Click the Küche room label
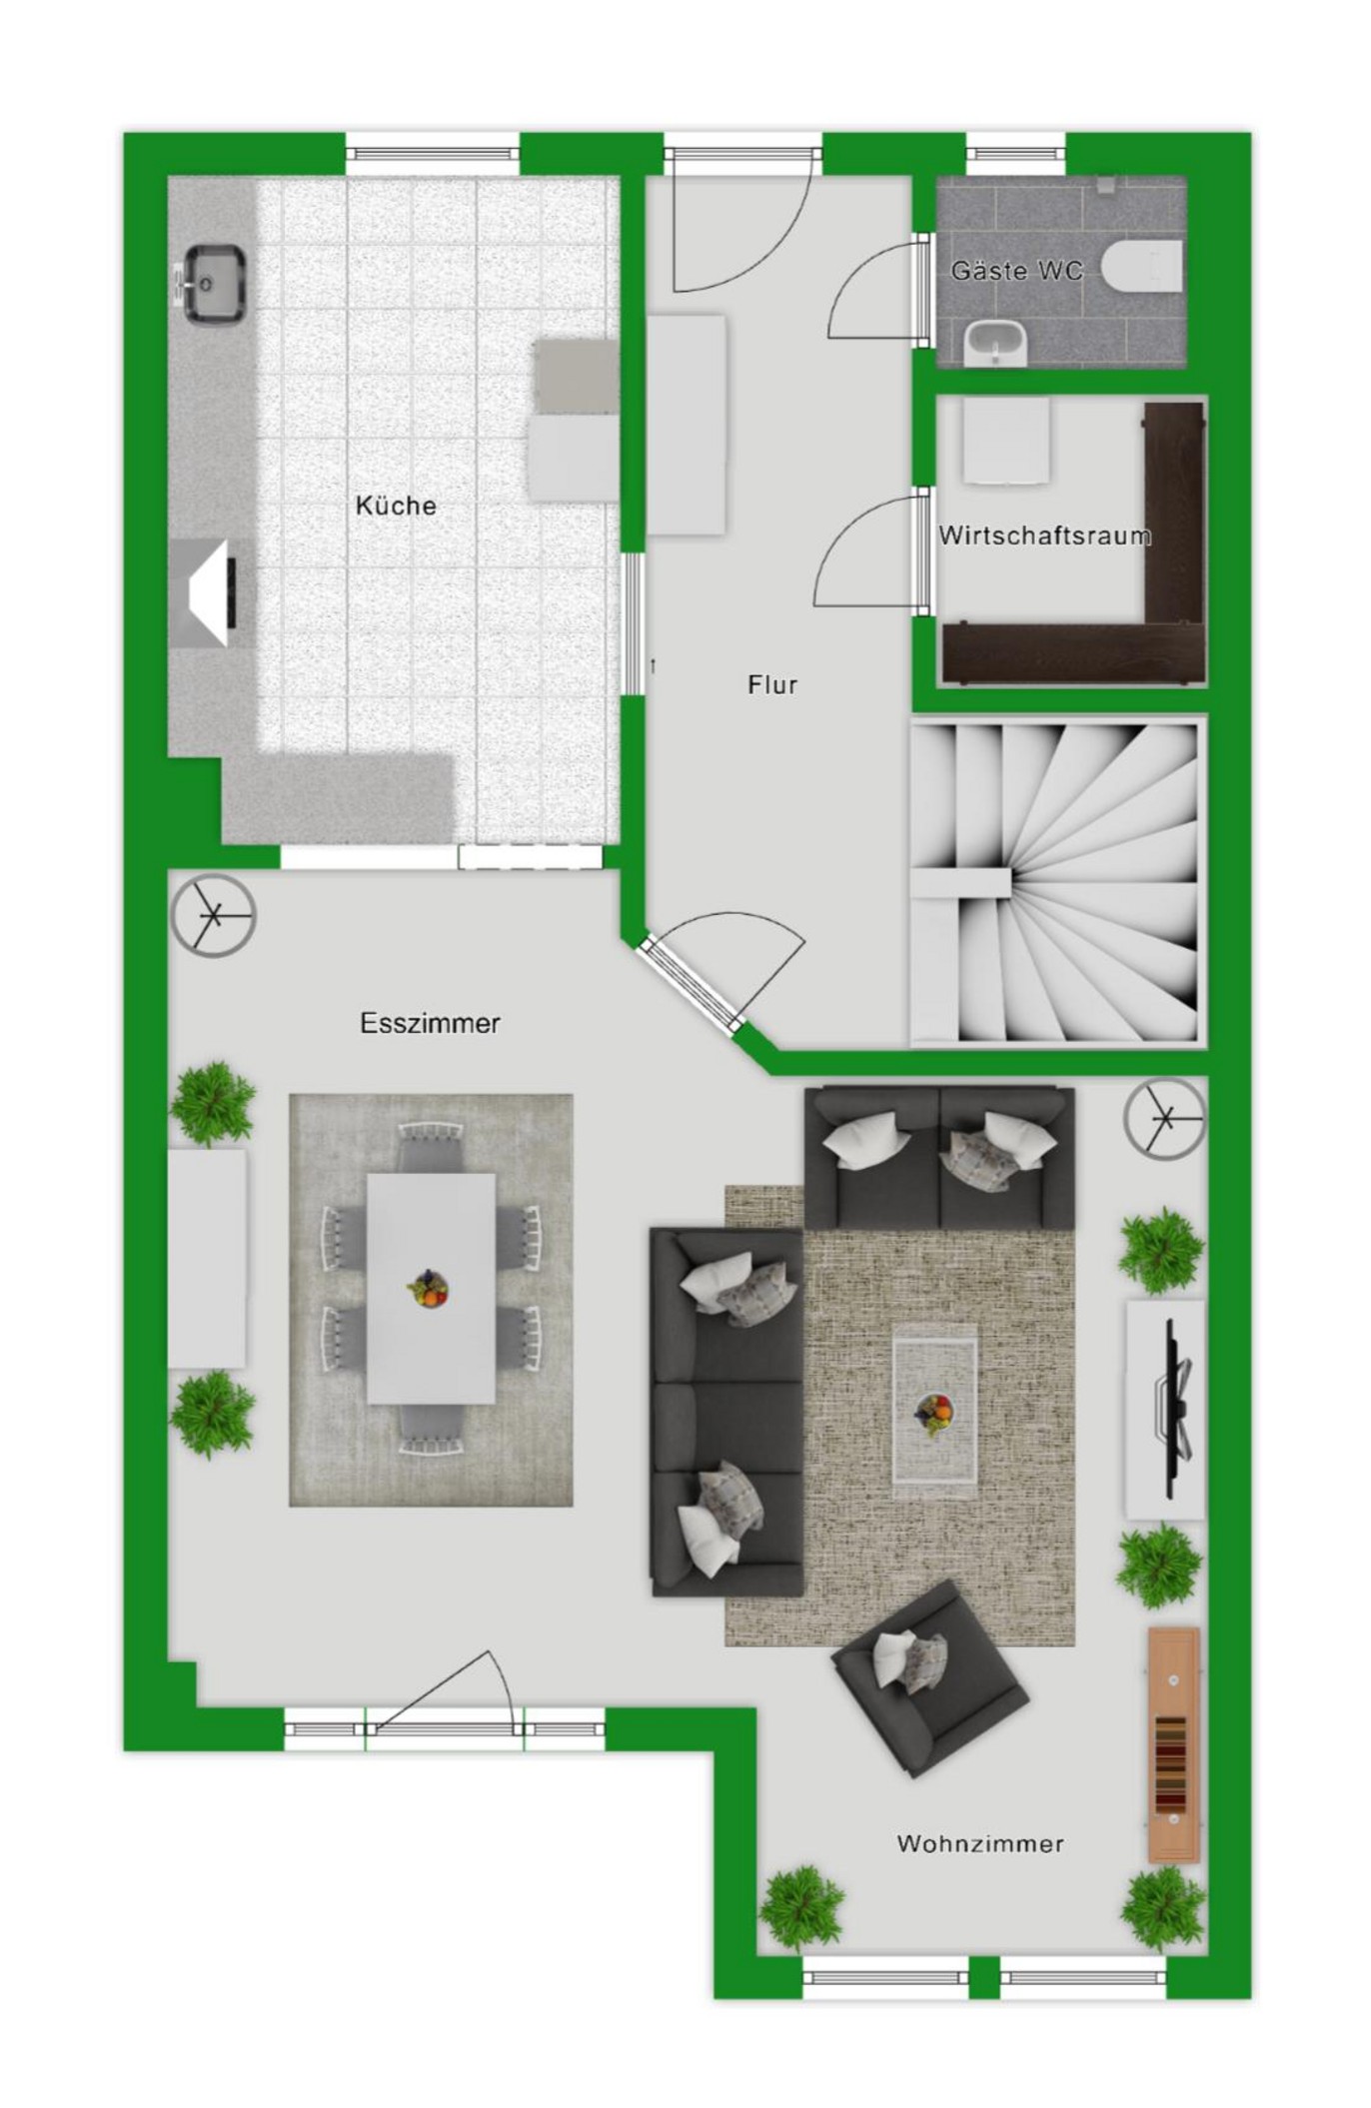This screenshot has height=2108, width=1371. coord(396,506)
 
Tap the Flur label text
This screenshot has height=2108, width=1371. coord(772,684)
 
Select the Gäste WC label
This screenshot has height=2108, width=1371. coord(1016,270)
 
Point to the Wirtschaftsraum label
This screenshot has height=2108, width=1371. coord(1044,535)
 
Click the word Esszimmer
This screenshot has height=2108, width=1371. coord(430,1023)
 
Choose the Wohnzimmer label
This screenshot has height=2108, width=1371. coord(980,1843)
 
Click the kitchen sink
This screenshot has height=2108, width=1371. coord(209,284)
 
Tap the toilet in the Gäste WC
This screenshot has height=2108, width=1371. coord(1142,268)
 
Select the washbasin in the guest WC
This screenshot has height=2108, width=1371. coord(996,344)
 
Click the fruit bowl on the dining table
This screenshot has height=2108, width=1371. coord(429,1289)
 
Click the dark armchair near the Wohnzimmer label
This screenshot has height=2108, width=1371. coord(929,1678)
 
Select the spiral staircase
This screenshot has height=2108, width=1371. coord(1057,882)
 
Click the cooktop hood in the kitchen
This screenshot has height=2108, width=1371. coord(203,593)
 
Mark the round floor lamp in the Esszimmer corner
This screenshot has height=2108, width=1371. coord(213,915)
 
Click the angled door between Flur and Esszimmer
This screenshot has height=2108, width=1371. coord(689,984)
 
